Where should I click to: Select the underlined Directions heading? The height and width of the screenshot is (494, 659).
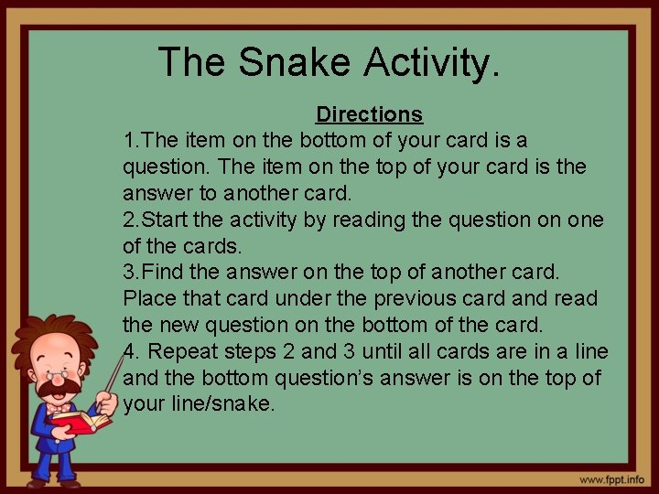(x=369, y=114)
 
